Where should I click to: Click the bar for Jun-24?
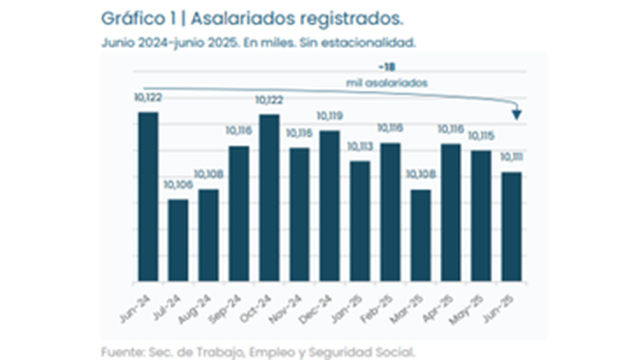point(148,196)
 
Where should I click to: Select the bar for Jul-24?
point(178,240)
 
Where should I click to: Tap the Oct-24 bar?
point(269,197)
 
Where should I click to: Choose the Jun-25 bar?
point(511,227)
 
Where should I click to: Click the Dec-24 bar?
point(329,206)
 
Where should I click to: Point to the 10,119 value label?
point(329,116)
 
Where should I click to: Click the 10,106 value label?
point(178,184)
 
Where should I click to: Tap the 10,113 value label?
point(360,146)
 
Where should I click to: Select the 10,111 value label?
point(511,157)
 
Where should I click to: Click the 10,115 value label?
point(481,136)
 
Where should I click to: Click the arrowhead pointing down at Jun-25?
point(517,114)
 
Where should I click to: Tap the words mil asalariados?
point(386,83)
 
